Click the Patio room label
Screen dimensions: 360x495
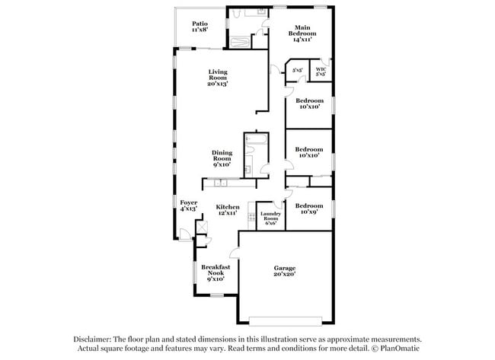pos(200,27)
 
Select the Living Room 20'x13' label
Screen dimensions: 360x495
pos(218,78)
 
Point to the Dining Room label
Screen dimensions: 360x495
pos(222,158)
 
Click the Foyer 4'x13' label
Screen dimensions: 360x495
pos(188,205)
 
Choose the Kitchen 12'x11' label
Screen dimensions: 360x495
pos(227,210)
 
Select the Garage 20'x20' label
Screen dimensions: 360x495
pos(285,272)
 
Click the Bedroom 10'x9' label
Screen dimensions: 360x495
pos(308,209)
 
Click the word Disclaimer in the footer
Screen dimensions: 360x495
pos(93,339)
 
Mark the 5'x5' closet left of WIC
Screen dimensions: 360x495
pos(298,71)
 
